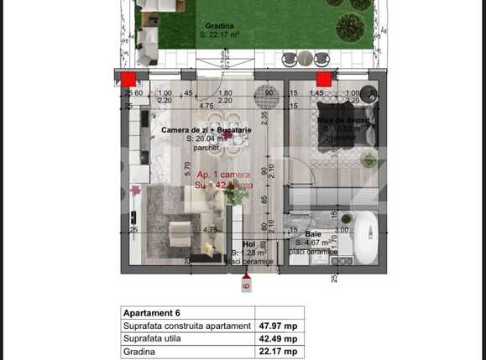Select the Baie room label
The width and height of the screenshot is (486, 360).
pyautogui.click(x=313, y=234)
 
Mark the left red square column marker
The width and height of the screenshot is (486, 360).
pyautogui.click(x=128, y=79)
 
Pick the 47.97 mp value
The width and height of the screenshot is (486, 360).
pyautogui.click(x=281, y=326)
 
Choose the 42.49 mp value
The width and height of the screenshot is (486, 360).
pyautogui.click(x=281, y=340)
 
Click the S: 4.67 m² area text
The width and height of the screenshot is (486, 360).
pyautogui.click(x=314, y=243)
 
